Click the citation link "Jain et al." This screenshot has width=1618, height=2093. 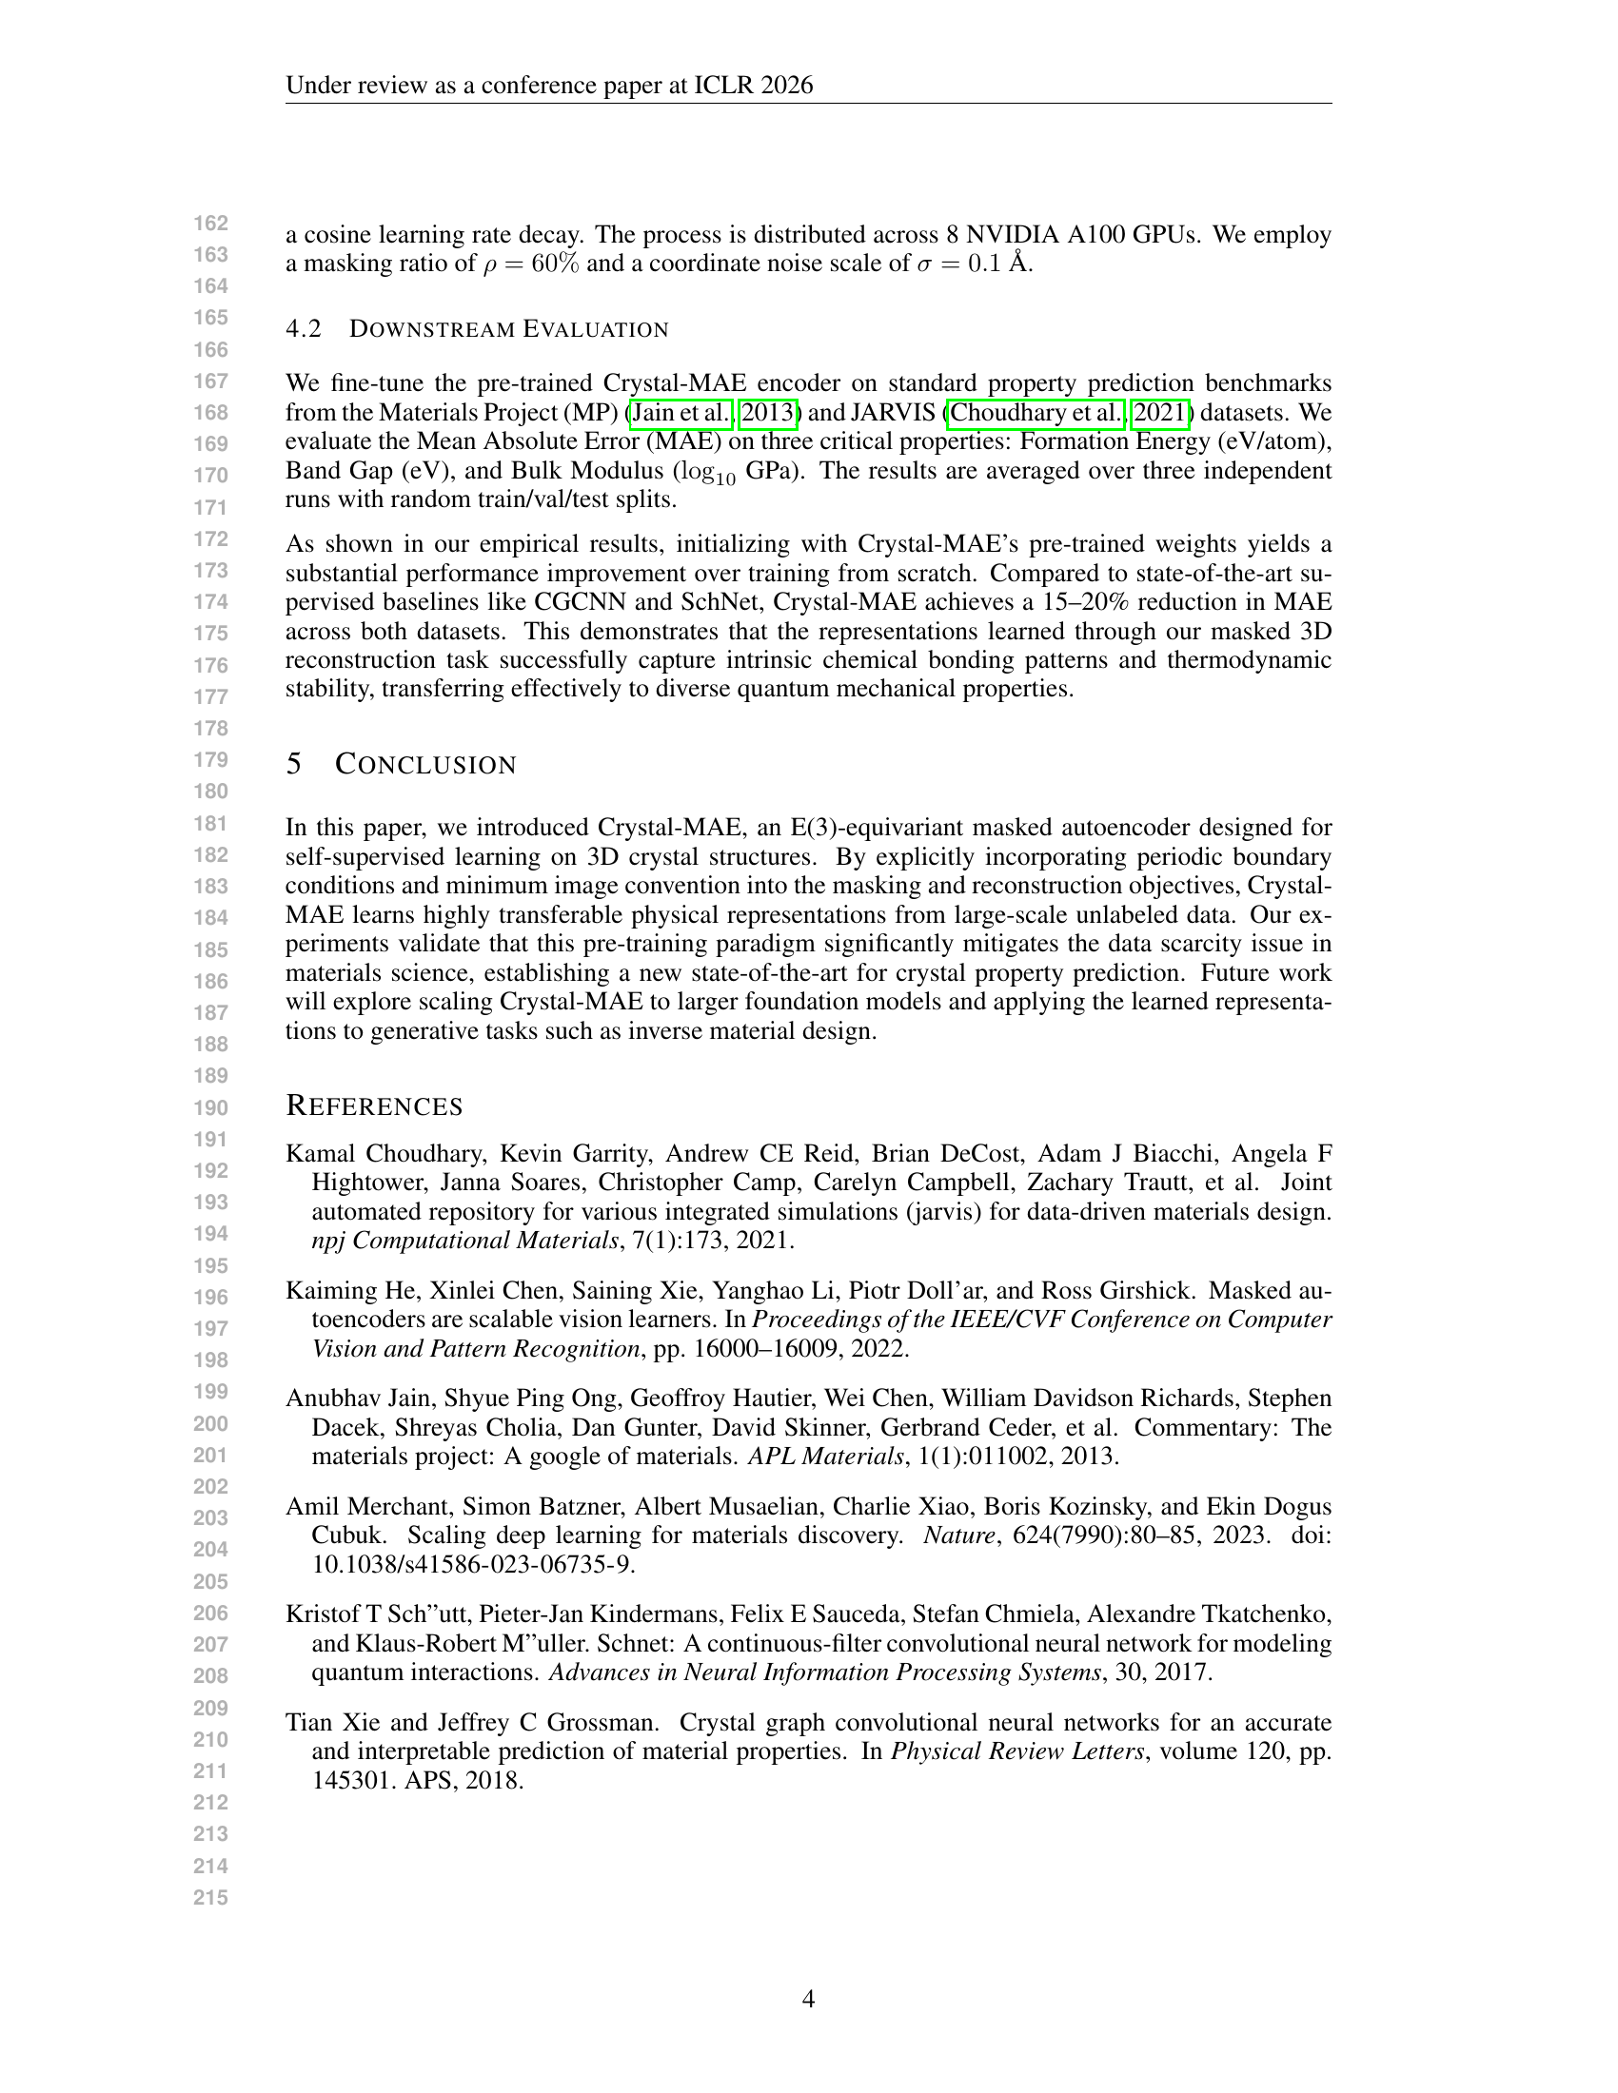[681, 413]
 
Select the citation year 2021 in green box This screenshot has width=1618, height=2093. [1161, 413]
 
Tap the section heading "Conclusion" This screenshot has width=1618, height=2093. [424, 765]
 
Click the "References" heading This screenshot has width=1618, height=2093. [374, 1105]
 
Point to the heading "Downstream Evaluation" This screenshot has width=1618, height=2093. [508, 330]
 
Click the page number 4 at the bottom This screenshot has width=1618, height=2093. [808, 1999]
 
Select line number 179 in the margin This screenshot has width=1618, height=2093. [211, 760]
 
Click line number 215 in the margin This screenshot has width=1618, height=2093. [211, 1896]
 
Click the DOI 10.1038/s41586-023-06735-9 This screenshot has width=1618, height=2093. [474, 1564]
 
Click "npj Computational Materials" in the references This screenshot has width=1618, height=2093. [464, 1240]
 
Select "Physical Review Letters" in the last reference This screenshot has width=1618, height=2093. [1017, 1751]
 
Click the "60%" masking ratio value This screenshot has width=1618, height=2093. [555, 264]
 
